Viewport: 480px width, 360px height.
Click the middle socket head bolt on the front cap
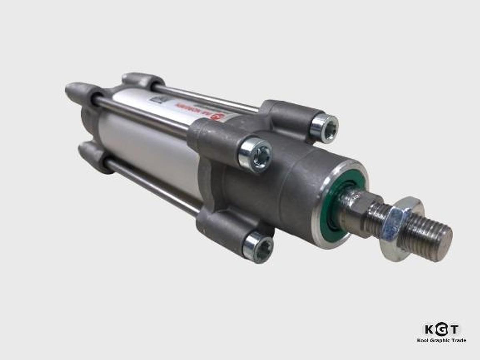click(x=255, y=154)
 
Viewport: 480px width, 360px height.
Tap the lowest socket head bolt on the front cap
click(x=258, y=247)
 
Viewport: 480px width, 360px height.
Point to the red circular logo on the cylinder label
click(x=217, y=117)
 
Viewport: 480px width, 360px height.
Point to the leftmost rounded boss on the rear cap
click(x=78, y=91)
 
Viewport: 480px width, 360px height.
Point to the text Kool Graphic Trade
click(x=441, y=340)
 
